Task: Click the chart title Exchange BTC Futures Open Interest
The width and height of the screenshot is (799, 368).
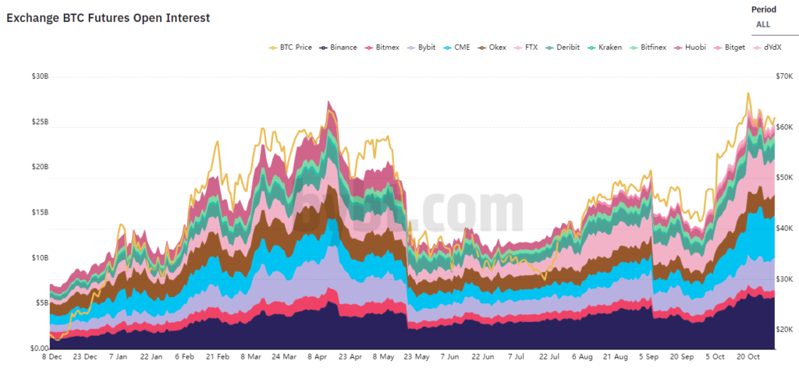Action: (108, 17)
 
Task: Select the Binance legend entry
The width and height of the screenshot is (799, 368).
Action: (338, 48)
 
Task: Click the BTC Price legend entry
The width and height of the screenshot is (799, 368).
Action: (292, 48)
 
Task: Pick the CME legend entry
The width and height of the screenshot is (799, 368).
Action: (461, 48)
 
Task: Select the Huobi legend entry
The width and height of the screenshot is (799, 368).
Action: (690, 48)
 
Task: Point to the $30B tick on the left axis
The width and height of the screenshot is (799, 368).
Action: (40, 76)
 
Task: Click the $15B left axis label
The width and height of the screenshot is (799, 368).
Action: (40, 212)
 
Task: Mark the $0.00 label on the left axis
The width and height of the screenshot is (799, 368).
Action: (38, 348)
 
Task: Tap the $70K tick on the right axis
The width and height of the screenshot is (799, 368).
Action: (762, 76)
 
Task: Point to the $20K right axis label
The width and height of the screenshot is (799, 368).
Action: (762, 330)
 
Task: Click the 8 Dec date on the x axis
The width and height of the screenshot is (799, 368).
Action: (53, 356)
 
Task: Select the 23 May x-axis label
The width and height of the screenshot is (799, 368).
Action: (416, 356)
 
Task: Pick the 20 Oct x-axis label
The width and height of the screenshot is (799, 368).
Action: (750, 356)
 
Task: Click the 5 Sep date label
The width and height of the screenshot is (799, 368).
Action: (649, 356)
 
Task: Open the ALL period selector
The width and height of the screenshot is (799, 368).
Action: (763, 24)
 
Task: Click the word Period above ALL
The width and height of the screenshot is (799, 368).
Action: (764, 9)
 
